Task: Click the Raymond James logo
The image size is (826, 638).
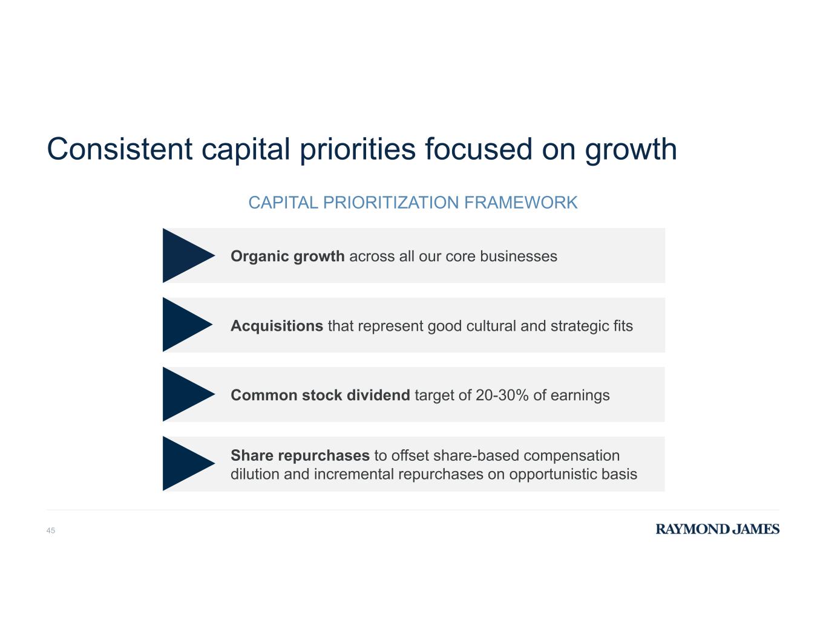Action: point(717,529)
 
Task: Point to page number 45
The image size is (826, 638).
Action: point(51,530)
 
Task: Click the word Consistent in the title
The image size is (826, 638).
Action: point(119,149)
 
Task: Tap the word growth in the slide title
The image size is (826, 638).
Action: point(631,151)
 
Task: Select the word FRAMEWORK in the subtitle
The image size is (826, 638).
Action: point(520,203)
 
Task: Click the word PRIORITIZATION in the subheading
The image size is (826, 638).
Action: point(391,203)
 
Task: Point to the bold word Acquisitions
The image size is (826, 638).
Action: point(277,326)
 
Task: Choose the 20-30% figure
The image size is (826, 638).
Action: point(502,395)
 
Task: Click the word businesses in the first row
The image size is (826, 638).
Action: point(519,256)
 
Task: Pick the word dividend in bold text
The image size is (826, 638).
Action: point(378,395)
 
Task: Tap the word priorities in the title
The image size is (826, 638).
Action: point(358,151)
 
